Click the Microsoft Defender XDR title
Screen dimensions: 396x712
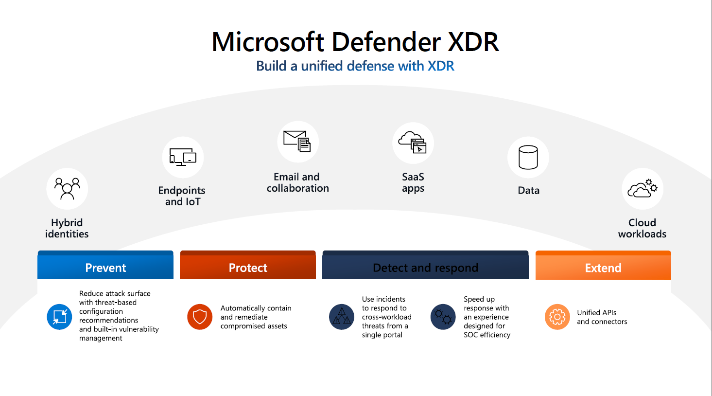(355, 42)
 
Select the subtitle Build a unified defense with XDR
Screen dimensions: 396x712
(355, 66)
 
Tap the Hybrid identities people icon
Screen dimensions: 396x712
(67, 189)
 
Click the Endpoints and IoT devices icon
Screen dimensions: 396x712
(183, 157)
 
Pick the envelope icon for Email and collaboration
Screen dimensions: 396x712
(297, 142)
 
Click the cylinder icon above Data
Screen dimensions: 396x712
(528, 157)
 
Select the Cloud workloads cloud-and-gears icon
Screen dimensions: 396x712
(643, 189)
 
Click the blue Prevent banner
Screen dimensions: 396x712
(105, 267)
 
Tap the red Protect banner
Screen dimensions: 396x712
(248, 267)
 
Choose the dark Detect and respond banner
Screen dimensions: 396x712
(425, 267)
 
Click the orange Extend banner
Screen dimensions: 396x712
(603, 267)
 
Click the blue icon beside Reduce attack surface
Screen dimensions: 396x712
(59, 317)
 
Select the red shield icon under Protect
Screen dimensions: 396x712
(200, 317)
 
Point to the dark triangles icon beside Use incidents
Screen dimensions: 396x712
(342, 317)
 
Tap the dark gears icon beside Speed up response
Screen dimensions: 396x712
(443, 317)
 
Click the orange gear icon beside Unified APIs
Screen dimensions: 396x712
(557, 317)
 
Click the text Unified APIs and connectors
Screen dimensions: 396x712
(602, 317)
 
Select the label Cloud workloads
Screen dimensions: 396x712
(642, 228)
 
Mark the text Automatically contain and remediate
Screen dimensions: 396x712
(255, 313)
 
